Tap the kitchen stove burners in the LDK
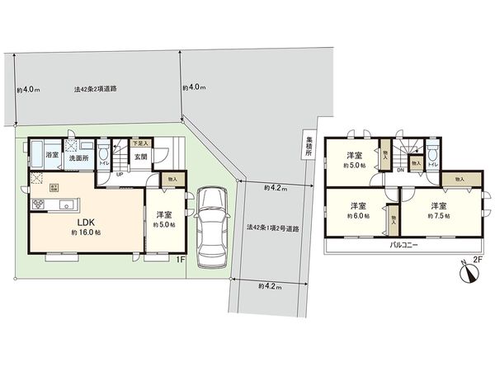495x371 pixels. [x=39, y=204]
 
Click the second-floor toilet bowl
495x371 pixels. [x=433, y=151]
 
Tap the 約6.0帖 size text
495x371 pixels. [x=357, y=216]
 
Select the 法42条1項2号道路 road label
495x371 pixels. [x=271, y=227]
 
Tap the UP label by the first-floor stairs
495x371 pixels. [x=120, y=175]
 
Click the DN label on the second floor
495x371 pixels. [x=399, y=171]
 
